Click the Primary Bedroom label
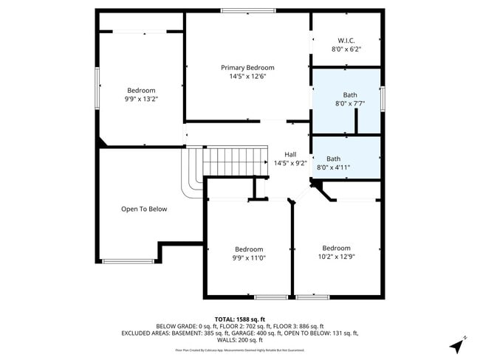pyautogui.click(x=247, y=67)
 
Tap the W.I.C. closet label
pyautogui.click(x=346, y=40)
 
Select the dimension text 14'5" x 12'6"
pyautogui.click(x=247, y=76)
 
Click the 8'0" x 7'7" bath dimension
pyautogui.click(x=350, y=104)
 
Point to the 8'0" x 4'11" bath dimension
pyautogui.click(x=333, y=167)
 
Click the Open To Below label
pyautogui.click(x=144, y=209)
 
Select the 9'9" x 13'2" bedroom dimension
pyautogui.click(x=140, y=99)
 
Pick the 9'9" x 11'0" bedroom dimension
pyautogui.click(x=249, y=258)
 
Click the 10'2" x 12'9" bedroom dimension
pyautogui.click(x=336, y=257)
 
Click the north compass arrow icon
pyautogui.click(x=459, y=345)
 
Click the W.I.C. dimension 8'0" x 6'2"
pyautogui.click(x=346, y=49)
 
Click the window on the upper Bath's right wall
pyautogui.click(x=383, y=98)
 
